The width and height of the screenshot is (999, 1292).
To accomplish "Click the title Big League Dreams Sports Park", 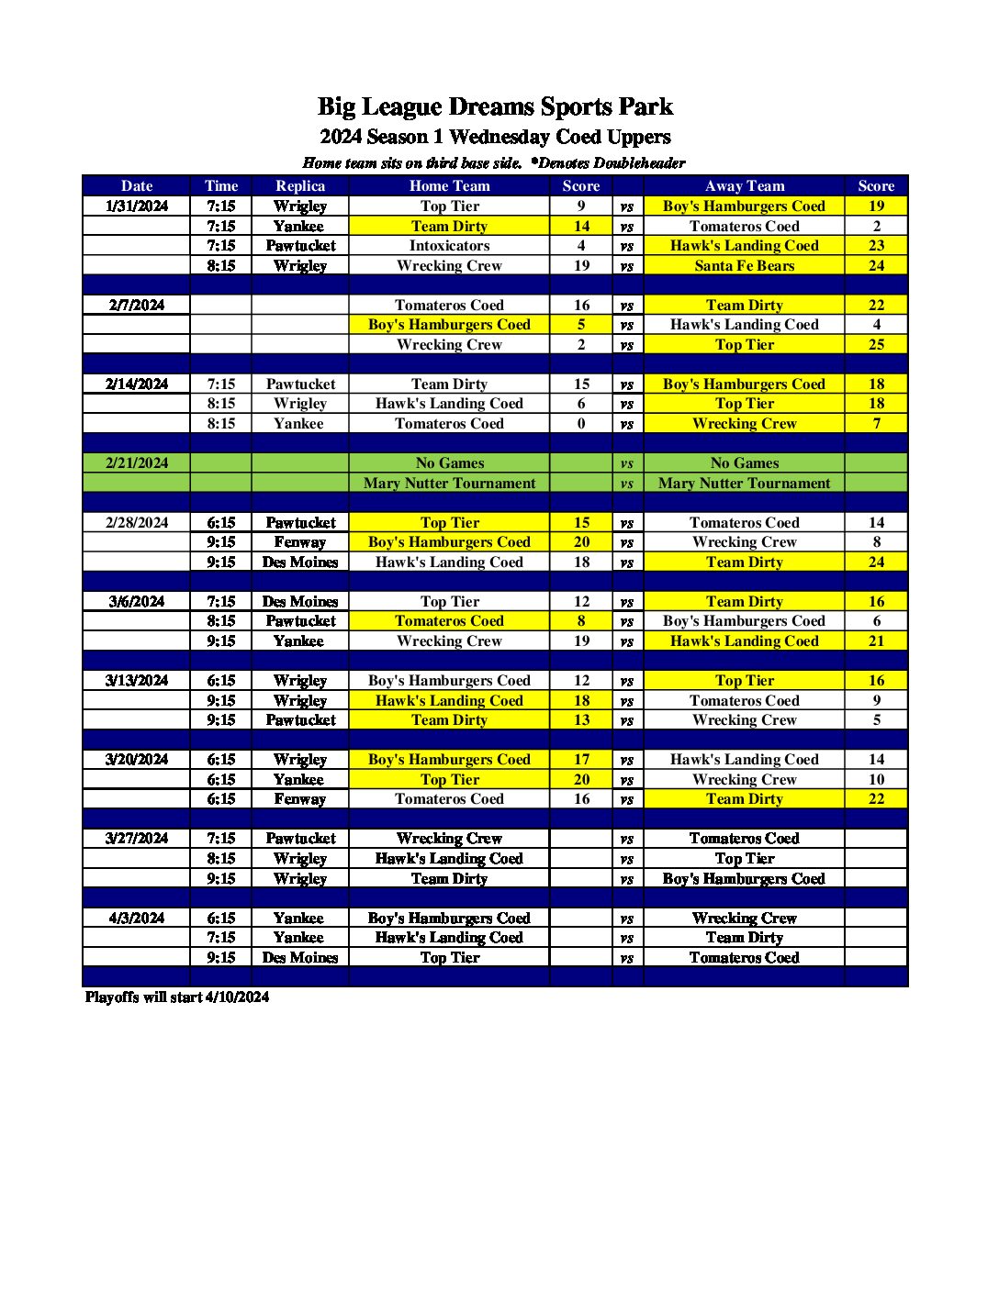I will point(495,106).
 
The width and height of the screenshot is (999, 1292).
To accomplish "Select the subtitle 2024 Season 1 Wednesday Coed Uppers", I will point(495,137).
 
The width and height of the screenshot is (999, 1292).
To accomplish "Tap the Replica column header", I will point(300,185).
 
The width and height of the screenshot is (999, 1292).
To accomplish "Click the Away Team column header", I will point(744,185).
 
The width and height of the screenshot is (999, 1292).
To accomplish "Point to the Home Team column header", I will point(449,185).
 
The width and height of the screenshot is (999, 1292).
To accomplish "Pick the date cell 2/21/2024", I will point(137,462).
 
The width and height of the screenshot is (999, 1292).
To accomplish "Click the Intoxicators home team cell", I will point(449,245).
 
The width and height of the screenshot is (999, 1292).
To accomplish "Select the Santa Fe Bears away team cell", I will point(744,265).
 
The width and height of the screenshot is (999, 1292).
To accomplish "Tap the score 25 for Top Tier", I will point(876,344).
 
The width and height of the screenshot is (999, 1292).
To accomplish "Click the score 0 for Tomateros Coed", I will point(581,423).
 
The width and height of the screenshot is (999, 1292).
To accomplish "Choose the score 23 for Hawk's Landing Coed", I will point(876,245).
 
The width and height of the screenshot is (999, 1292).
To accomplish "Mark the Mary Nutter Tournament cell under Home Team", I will point(449,483).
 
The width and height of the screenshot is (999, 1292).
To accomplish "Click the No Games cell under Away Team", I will point(744,462).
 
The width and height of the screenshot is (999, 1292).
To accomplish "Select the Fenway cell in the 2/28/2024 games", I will point(300,541).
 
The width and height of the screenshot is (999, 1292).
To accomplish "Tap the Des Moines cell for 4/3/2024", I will point(300,957).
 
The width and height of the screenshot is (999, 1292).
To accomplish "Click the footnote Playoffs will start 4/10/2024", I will point(177,997).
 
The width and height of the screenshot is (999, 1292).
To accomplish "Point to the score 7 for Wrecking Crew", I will point(876,423).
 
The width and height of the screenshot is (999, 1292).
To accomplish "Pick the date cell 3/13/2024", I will point(137,680).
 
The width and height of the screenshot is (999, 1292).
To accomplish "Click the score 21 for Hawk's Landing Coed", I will point(876,640).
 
